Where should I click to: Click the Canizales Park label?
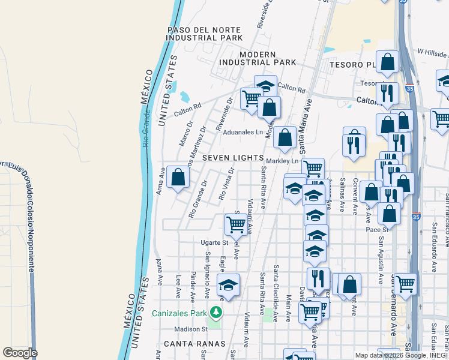tap(178, 313)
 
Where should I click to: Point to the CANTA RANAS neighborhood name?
tap(194, 344)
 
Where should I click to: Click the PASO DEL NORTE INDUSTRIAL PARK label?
tap(205, 34)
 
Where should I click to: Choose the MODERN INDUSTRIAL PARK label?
tap(258, 58)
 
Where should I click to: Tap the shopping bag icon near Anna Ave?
tap(178, 177)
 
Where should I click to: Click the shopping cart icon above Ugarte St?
tap(236, 224)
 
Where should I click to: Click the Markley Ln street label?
tap(282, 161)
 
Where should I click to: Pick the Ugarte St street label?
tap(215, 243)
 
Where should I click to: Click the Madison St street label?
tap(190, 329)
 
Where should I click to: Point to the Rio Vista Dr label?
tap(226, 184)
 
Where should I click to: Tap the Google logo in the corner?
tap(20, 353)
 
